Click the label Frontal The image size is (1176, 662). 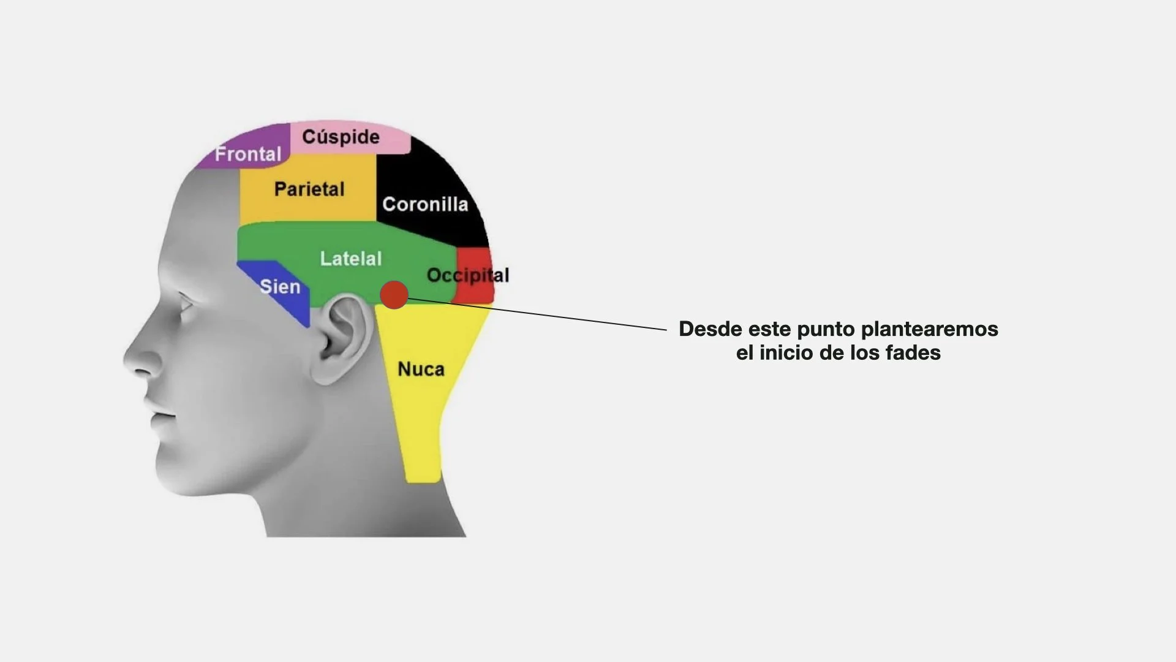coord(247,154)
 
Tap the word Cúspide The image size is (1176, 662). coord(341,137)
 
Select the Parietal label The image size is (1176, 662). coord(309,189)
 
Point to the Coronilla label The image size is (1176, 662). coord(425,204)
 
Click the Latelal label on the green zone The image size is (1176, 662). coord(350,259)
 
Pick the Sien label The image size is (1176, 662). coord(280,286)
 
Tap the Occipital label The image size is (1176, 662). coord(467,275)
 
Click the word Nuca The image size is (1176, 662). coord(421,369)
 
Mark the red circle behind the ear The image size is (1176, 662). coord(394,295)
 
